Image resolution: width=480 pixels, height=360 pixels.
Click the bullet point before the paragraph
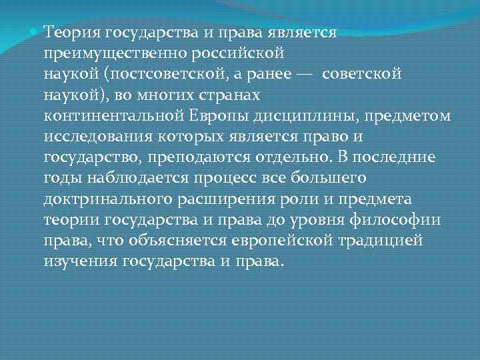coord(36,31)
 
